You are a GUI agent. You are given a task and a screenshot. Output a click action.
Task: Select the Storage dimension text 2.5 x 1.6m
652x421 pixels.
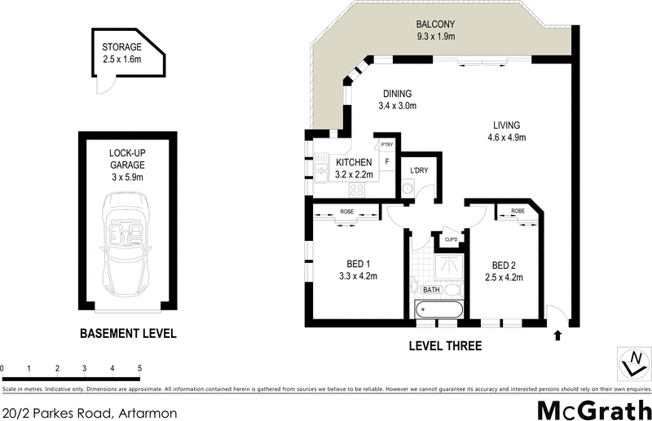121,59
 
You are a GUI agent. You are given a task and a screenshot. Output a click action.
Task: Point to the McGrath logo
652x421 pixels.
594,409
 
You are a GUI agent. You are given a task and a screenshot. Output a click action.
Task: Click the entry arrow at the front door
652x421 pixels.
557,334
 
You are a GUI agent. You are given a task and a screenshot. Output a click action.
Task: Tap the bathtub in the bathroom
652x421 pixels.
439,309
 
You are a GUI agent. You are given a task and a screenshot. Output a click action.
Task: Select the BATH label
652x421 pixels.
431,289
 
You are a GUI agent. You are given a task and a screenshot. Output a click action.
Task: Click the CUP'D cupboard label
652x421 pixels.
450,239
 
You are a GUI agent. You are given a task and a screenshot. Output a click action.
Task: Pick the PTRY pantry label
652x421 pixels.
386,145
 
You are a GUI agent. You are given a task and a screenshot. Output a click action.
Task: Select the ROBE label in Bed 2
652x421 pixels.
517,211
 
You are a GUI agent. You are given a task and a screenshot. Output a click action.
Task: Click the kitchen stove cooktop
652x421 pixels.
357,189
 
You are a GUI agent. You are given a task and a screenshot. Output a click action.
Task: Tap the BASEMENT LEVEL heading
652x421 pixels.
127,334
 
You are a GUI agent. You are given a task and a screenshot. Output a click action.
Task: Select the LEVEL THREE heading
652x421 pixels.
444,346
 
